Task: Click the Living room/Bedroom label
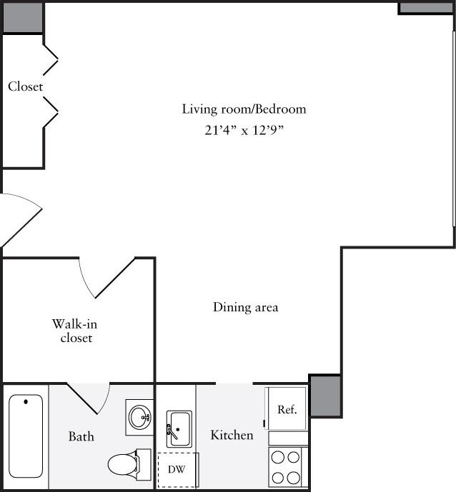[244, 109]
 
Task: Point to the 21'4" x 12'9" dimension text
[244, 131]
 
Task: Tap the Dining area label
[245, 308]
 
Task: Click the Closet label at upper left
[26, 86]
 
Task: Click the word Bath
[81, 436]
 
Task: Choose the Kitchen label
[232, 435]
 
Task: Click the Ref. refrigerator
[287, 409]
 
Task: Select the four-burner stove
[287, 466]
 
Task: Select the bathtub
[26, 436]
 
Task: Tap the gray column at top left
[23, 17]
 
